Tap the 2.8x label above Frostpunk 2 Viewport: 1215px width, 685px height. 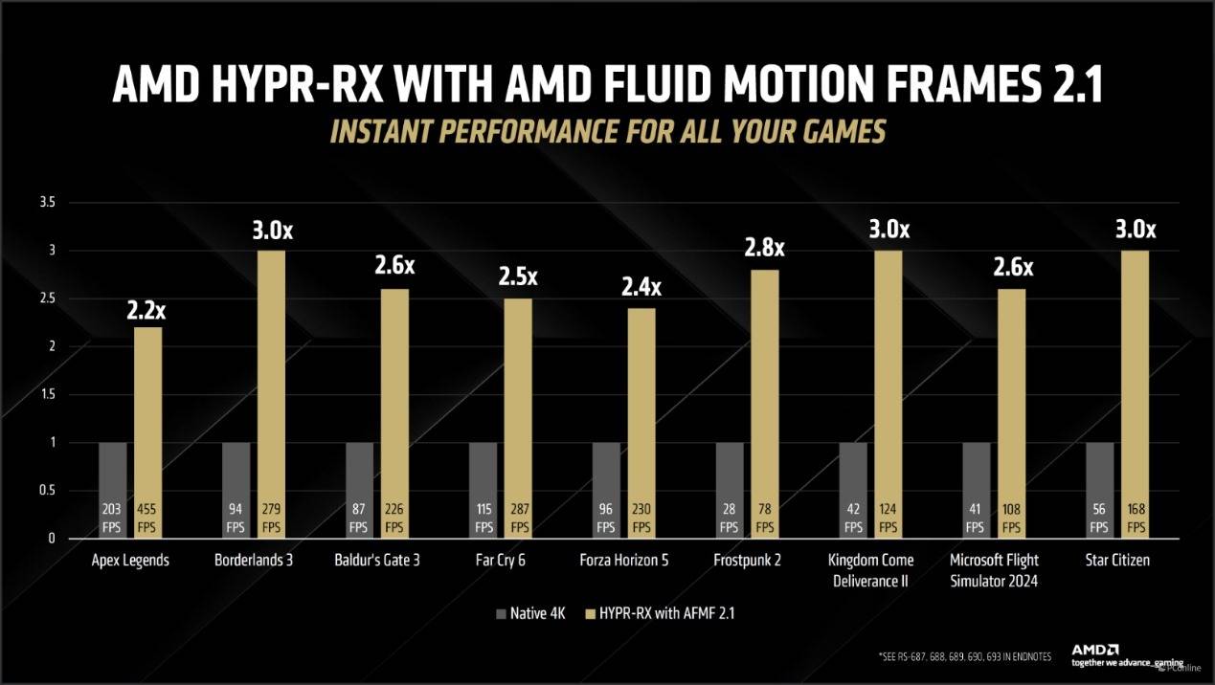coord(765,248)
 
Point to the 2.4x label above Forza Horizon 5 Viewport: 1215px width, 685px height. coord(641,286)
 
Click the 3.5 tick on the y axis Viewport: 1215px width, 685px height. coord(47,203)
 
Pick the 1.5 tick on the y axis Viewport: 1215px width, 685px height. coord(47,395)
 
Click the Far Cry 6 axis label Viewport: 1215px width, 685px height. coord(501,561)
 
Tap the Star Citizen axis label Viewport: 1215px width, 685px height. coord(1118,561)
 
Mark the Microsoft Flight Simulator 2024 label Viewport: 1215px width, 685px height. coord(994,569)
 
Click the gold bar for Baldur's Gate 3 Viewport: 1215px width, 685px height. coord(395,402)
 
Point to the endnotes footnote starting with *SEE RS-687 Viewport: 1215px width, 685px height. coord(964,656)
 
